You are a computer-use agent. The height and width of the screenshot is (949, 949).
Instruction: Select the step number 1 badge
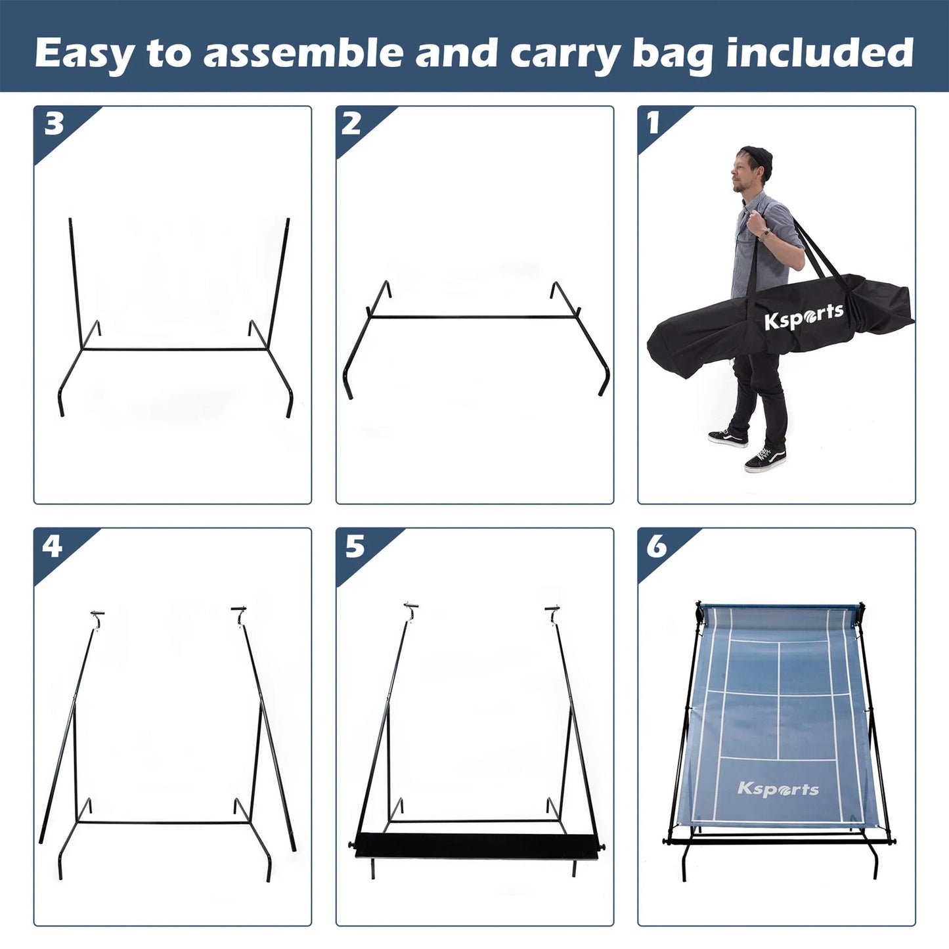[653, 123]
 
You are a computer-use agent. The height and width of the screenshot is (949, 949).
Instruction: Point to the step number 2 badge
[351, 123]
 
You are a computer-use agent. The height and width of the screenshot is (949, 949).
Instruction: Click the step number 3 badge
[54, 123]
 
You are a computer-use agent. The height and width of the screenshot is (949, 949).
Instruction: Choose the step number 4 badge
[53, 546]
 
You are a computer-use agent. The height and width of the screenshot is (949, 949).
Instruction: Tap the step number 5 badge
[355, 546]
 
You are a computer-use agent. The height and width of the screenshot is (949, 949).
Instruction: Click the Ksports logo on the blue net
[778, 789]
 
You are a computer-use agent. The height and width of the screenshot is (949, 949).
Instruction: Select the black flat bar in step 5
[475, 845]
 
